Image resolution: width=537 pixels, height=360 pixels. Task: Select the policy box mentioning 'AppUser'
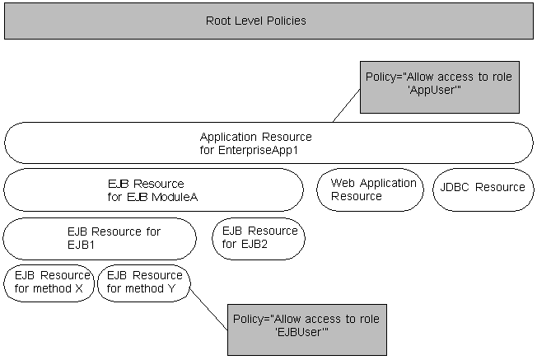[439, 86]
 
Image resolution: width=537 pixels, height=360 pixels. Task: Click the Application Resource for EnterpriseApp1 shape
[268, 143]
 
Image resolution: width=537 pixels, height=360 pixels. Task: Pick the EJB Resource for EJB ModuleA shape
[153, 189]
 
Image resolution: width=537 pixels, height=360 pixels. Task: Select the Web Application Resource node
[369, 189]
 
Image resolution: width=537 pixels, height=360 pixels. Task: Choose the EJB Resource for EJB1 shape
[100, 239]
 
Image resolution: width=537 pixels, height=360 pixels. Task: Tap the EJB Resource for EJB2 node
[259, 239]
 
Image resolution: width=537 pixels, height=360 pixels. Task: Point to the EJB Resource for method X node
[49, 282]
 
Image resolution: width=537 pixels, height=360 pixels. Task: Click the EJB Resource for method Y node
[143, 282]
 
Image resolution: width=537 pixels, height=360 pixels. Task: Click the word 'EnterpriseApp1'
[269, 150]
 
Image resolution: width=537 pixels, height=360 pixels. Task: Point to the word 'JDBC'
[455, 187]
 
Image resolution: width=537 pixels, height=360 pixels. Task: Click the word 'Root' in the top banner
[219, 21]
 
